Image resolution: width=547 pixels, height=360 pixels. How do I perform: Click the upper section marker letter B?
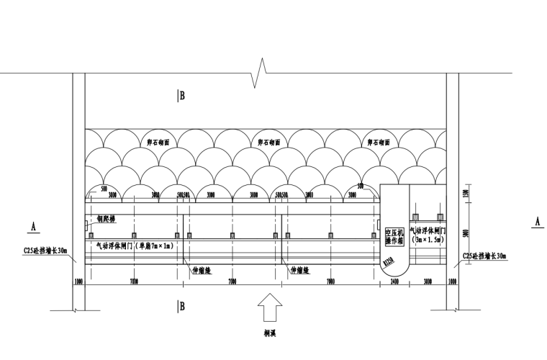pos(182,95)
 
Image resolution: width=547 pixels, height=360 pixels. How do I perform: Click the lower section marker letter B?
pos(182,307)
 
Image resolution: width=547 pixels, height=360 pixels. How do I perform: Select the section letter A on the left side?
pos(33,226)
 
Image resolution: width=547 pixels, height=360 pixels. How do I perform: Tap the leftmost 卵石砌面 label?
pos(158,143)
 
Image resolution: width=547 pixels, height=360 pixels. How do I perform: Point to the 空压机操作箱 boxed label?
pos(394,237)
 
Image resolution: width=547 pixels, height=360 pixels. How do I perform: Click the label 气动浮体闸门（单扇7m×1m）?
pos(134,246)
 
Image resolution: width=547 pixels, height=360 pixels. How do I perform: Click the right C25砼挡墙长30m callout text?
pos(484,256)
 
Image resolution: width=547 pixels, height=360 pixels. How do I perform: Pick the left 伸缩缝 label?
pos(203,271)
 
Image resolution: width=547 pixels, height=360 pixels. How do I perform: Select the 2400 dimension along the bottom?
pos(394,282)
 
